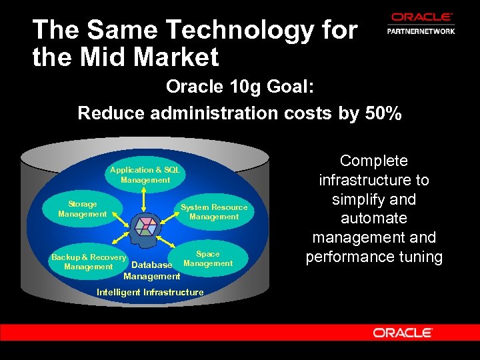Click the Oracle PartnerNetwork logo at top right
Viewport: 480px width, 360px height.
click(x=421, y=23)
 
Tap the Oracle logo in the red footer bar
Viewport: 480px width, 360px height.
click(x=403, y=332)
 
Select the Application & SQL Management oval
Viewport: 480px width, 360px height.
click(x=145, y=175)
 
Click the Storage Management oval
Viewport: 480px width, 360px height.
click(x=83, y=209)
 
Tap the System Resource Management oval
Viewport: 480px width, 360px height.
click(x=214, y=211)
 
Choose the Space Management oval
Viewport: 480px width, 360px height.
click(x=207, y=259)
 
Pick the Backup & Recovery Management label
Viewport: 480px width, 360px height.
click(x=89, y=262)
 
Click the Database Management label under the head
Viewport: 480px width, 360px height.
click(x=152, y=271)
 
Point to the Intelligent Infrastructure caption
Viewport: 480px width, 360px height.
click(x=150, y=292)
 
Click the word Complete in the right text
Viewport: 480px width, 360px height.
click(x=373, y=161)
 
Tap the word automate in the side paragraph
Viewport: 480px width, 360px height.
click(x=373, y=218)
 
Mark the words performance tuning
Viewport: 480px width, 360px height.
click(x=374, y=257)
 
